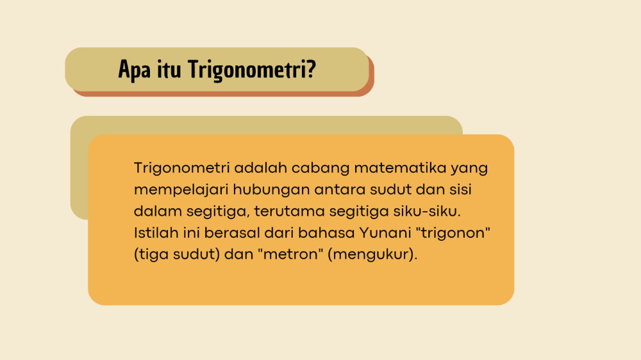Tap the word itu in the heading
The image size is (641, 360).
[169, 69]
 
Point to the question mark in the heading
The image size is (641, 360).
[310, 69]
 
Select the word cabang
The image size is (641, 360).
[316, 169]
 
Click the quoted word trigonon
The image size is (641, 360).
[454, 233]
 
